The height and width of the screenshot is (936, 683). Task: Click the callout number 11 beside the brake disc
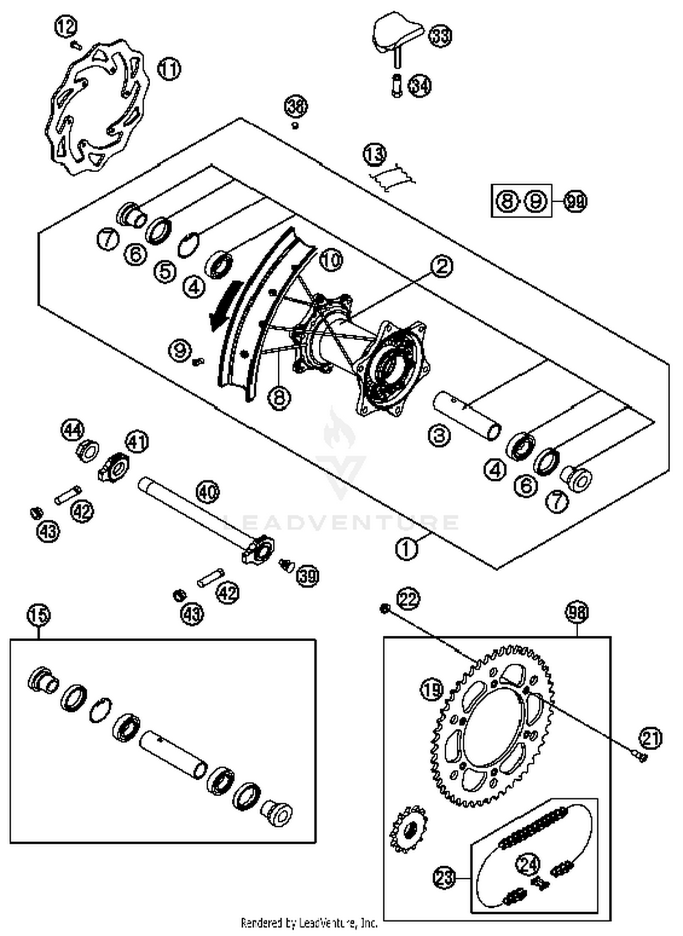[x=169, y=69]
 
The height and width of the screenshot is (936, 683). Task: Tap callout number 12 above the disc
[x=66, y=27]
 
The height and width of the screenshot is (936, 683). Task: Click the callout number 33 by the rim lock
[x=440, y=36]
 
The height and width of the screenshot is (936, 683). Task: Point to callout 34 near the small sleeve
[x=419, y=85]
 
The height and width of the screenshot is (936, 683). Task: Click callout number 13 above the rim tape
[x=374, y=154]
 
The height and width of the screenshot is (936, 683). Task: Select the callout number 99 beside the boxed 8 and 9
[x=575, y=201]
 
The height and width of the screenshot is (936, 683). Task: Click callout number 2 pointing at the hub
[x=441, y=266]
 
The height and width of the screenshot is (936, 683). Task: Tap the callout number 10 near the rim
[x=331, y=260]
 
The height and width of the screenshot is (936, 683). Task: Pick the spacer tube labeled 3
[x=467, y=416]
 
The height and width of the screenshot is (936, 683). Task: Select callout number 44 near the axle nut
[x=73, y=430]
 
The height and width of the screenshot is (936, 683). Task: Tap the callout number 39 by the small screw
[x=308, y=576]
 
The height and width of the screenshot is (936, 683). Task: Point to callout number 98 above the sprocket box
[x=577, y=613]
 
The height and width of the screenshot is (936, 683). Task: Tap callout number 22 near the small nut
[x=408, y=599]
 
